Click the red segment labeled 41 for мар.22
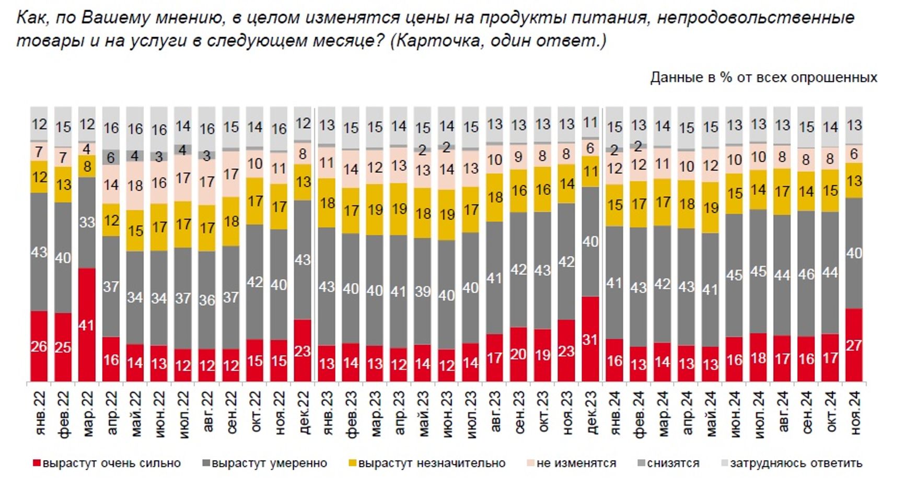click(87, 324)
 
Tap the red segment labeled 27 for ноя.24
click(854, 345)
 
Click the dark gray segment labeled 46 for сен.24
click(806, 273)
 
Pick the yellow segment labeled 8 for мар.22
click(87, 166)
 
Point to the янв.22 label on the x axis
click(40, 413)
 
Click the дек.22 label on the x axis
click(304, 413)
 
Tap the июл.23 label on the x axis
click(471, 413)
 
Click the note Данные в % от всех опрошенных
click(763, 78)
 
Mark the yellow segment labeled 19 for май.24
click(711, 207)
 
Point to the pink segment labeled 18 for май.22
click(135, 185)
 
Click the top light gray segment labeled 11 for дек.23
click(590, 123)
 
